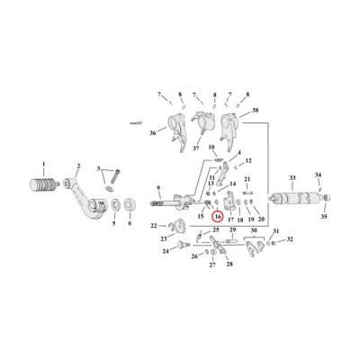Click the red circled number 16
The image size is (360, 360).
coord(217,216)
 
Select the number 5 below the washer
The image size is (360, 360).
coord(113,223)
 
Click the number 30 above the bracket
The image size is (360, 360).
coord(256,231)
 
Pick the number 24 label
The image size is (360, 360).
coord(165,252)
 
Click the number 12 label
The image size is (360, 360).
coord(249,160)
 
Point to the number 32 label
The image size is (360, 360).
coord(289,241)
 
